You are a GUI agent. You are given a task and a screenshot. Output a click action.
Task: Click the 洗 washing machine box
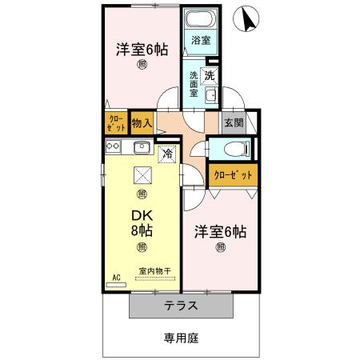209,76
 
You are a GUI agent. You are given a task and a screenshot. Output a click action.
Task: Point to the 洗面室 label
194,84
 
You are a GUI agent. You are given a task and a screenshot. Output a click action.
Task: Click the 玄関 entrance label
234,122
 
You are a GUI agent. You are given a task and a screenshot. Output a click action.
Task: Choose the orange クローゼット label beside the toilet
233,174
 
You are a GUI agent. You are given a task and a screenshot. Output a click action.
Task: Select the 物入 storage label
142,123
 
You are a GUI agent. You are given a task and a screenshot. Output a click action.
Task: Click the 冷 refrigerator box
169,152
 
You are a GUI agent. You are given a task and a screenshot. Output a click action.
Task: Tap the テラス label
182,306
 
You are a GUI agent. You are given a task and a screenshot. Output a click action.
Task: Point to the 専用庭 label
182,338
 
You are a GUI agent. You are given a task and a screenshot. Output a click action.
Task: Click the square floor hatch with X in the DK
142,174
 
